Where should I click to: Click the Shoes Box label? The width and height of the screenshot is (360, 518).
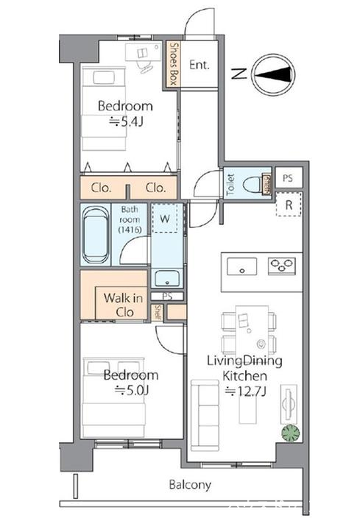(174, 64)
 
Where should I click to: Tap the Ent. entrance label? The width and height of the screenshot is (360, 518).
(200, 65)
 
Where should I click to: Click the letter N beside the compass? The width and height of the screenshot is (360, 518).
(239, 74)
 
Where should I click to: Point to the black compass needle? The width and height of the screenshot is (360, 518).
(275, 74)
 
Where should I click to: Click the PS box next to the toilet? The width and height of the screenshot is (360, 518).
(288, 178)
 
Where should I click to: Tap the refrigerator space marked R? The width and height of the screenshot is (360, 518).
(289, 205)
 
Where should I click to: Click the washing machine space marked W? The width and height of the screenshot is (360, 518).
(165, 219)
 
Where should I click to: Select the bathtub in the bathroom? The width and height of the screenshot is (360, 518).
(95, 235)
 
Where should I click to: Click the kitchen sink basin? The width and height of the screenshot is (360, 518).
(242, 266)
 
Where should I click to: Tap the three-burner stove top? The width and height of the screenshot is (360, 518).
(282, 266)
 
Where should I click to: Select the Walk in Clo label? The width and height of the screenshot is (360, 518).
(123, 305)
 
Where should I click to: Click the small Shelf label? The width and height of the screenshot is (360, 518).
(158, 312)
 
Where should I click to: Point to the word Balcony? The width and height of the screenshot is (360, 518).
(190, 485)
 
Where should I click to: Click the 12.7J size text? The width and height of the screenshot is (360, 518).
(246, 391)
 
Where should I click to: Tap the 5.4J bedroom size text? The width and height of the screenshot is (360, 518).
(127, 122)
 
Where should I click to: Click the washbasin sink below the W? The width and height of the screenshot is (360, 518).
(167, 278)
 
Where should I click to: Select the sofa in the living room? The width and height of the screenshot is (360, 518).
(205, 416)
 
